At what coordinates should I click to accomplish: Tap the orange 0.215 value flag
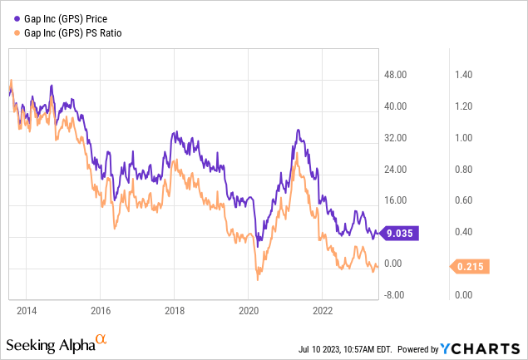coord(471,267)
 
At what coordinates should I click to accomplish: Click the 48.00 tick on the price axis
coord(397,75)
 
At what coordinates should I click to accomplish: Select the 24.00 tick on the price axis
coord(397,169)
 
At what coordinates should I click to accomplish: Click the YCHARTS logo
coord(487,348)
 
